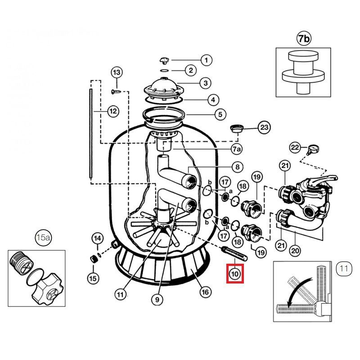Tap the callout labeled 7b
pos(304,39)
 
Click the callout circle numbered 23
pos(265,128)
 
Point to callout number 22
pos(295,147)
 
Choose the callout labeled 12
pos(113,111)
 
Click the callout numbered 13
pos(117,72)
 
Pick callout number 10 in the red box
pos(235,273)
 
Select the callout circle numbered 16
pos(205,292)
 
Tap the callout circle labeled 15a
pos(43,238)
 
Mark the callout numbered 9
pos(157,297)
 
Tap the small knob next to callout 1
pos(165,60)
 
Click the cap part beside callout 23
pos(236,129)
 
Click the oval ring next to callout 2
pos(164,71)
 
